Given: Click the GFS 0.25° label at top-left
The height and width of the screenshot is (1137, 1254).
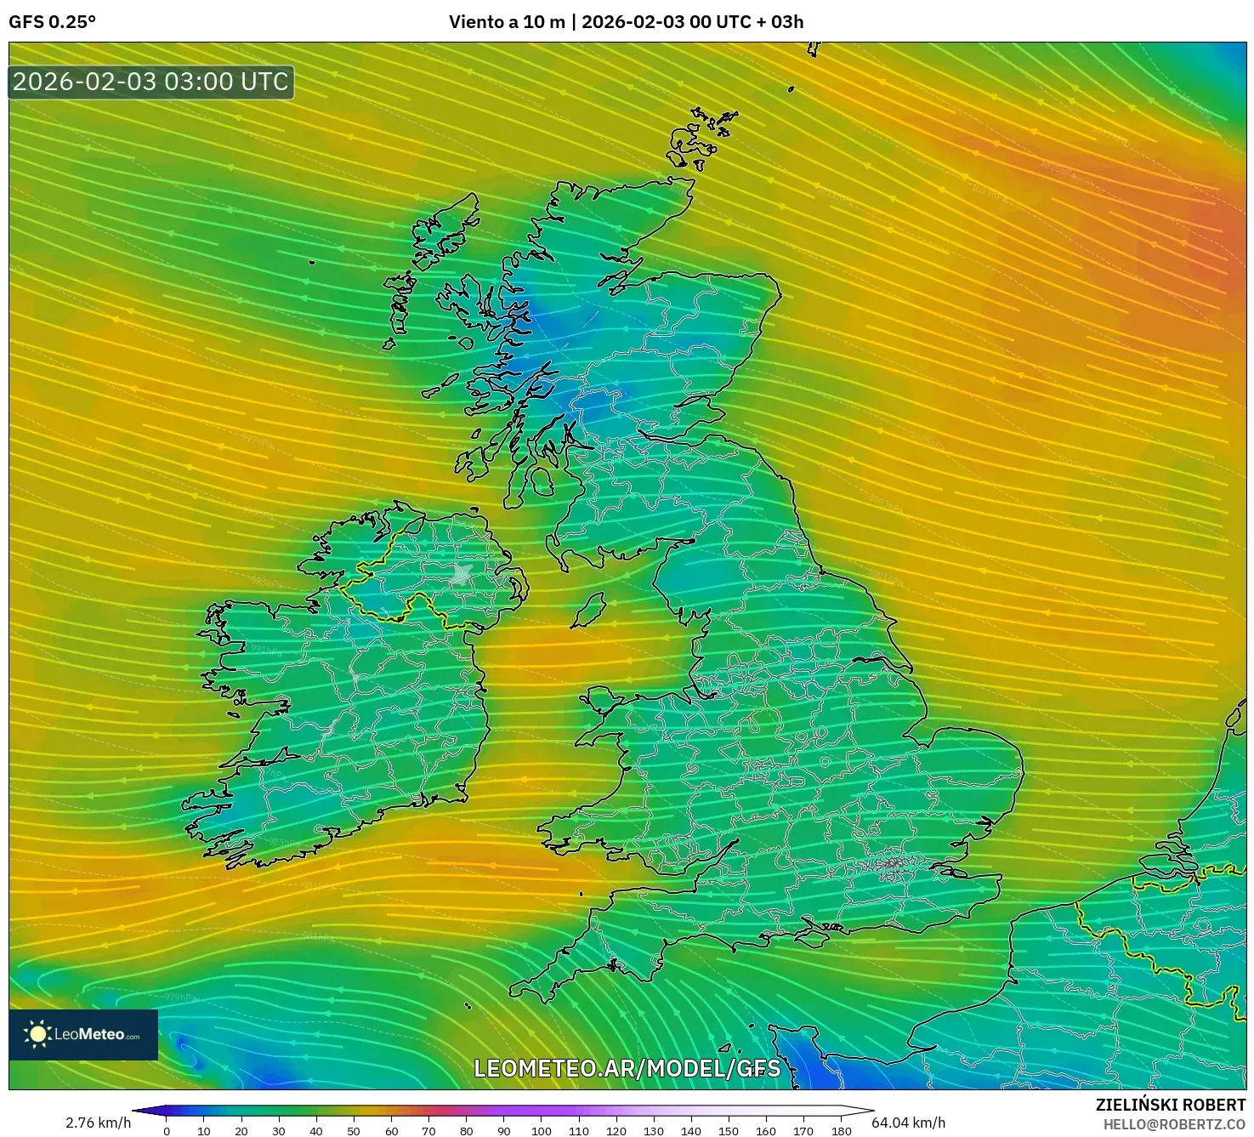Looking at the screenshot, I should pyautogui.click(x=52, y=22).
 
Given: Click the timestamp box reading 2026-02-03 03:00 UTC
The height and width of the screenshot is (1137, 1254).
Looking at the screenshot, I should pyautogui.click(x=151, y=82).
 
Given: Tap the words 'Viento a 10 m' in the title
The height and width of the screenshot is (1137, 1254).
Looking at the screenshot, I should pyautogui.click(x=507, y=22).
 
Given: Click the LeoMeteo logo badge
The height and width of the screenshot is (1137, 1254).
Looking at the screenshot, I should pyautogui.click(x=83, y=1034).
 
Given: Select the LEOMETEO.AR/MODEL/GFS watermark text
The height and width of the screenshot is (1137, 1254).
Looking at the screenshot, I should pyautogui.click(x=627, y=1068).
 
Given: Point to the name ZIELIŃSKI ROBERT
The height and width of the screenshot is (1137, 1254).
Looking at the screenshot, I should pyautogui.click(x=1170, y=1105).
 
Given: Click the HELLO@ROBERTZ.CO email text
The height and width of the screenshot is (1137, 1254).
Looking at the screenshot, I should pyautogui.click(x=1174, y=1124).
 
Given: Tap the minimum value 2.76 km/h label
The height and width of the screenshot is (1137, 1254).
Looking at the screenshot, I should pyautogui.click(x=98, y=1123).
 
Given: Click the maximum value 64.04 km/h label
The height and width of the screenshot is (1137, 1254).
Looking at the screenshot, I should pyautogui.click(x=908, y=1123).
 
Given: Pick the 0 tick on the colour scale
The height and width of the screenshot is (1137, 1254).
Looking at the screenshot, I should pyautogui.click(x=167, y=1131).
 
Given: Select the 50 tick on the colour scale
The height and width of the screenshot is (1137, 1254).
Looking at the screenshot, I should pyautogui.click(x=354, y=1131).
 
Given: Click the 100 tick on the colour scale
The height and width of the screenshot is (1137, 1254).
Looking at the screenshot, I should pyautogui.click(x=541, y=1131).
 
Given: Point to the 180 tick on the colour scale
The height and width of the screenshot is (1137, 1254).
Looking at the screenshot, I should pyautogui.click(x=841, y=1131).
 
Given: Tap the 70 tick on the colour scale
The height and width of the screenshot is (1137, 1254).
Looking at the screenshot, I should pyautogui.click(x=428, y=1131).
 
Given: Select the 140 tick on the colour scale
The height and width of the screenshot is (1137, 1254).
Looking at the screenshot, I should pyautogui.click(x=691, y=1131).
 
